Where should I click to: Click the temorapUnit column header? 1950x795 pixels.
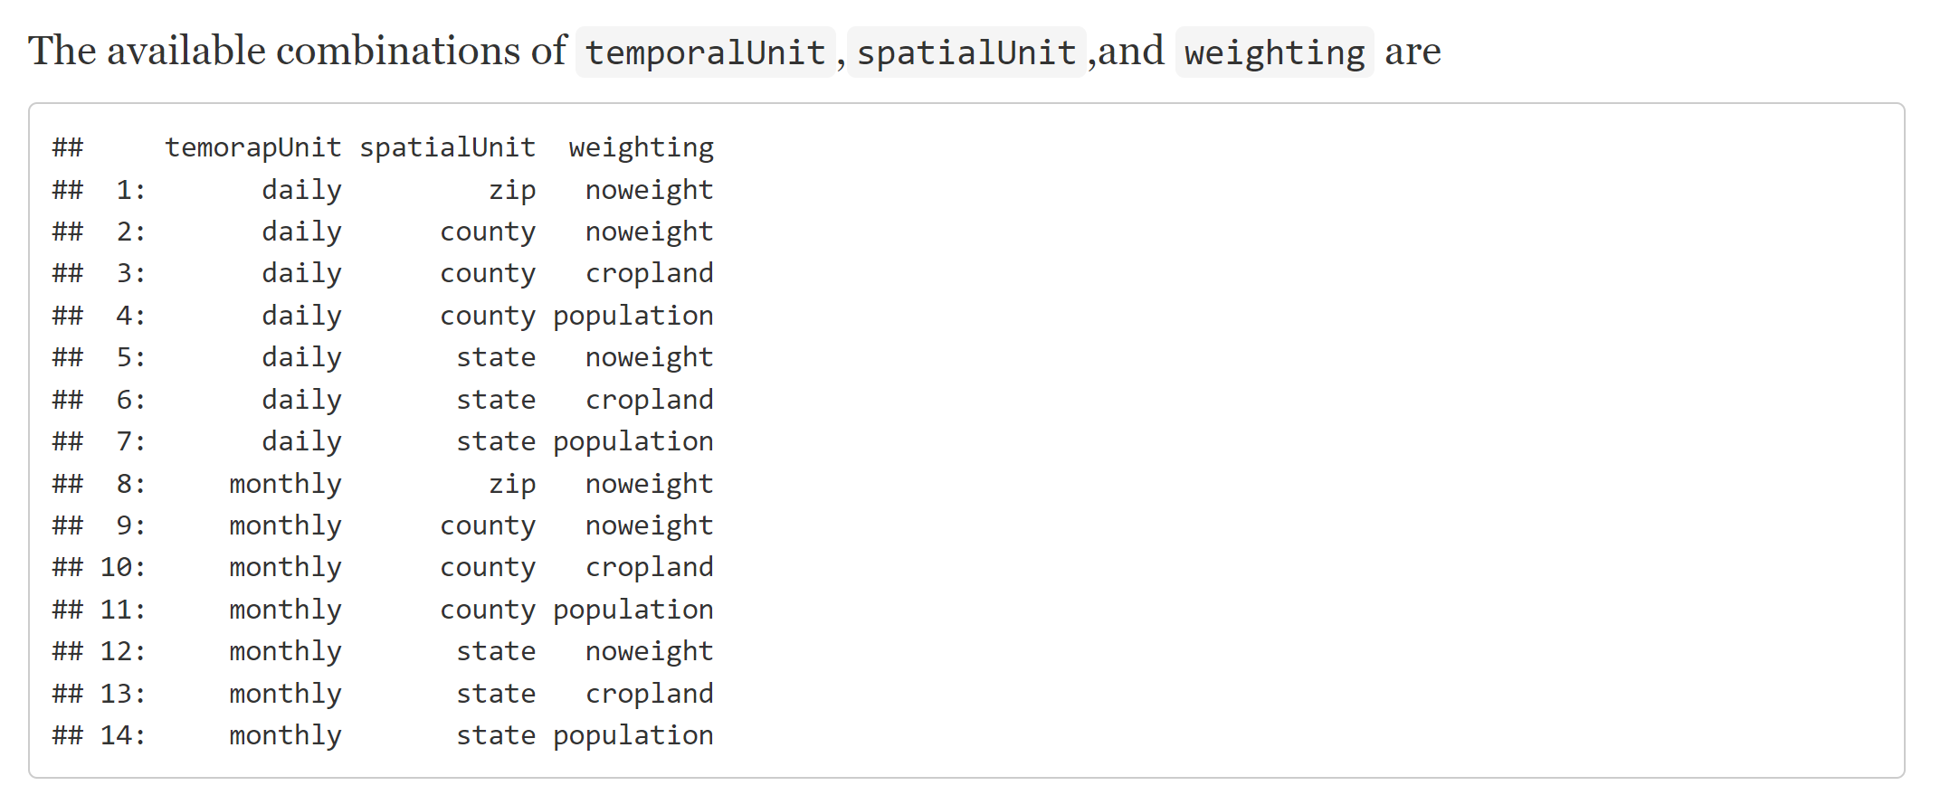pos(253,147)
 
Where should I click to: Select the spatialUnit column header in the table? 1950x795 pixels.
pos(447,147)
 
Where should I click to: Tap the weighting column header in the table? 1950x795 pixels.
pos(641,147)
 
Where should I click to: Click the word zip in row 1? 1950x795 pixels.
pos(512,190)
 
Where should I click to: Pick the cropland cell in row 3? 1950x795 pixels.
pos(649,273)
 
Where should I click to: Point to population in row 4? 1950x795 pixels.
pos(633,316)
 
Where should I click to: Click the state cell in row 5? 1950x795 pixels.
pos(496,357)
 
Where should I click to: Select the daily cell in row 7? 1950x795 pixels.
pos(301,441)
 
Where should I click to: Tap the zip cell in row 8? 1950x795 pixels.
pos(512,484)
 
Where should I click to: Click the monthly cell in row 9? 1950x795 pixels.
pos(285,525)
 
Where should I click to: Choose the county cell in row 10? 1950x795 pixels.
pos(488,567)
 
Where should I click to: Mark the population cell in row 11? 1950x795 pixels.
pos(633,610)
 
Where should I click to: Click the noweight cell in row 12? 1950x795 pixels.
pos(649,651)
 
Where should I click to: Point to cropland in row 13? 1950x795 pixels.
pos(649,694)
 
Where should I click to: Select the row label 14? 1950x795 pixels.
pos(122,735)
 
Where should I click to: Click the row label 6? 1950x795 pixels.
pos(130,400)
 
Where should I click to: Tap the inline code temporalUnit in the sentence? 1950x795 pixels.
pos(705,52)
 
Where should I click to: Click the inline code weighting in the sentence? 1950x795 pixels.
pos(1274,52)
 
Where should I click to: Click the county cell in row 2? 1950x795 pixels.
pos(488,232)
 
